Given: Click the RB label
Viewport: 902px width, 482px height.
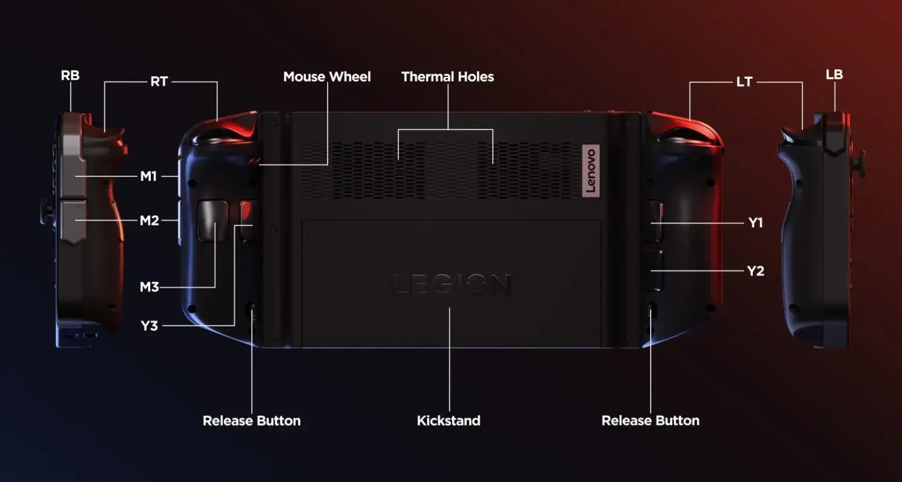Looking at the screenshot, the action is click(70, 75).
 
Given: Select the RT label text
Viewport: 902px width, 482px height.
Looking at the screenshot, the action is click(159, 82).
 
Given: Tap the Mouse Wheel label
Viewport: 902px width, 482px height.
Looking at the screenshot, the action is click(327, 76).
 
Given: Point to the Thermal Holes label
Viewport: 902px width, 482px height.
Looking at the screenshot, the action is click(447, 76).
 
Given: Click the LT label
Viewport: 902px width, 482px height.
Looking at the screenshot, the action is click(744, 82).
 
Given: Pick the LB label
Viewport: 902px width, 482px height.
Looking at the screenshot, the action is click(835, 75).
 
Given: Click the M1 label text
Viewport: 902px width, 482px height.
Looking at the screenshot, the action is click(149, 176).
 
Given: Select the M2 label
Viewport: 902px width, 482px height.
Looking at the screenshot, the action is click(149, 221).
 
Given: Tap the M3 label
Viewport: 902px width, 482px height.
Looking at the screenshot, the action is click(149, 287).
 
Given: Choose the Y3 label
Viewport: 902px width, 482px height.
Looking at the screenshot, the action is click(149, 326).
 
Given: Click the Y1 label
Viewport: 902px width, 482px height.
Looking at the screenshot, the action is click(755, 222).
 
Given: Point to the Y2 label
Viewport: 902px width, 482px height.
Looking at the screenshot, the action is click(755, 271).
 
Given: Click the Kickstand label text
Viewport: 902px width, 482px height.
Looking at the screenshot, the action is click(449, 421).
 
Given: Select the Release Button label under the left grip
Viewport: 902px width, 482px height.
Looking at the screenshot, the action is click(252, 421).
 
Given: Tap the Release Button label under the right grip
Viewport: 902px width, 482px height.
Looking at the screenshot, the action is click(650, 421).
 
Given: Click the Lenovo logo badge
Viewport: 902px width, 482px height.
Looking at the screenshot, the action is click(591, 171).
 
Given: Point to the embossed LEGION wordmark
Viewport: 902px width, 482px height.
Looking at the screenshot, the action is click(452, 285).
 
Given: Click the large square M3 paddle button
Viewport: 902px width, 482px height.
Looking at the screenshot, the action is click(213, 221).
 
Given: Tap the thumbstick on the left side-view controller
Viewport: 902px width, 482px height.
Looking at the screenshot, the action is click(47, 211).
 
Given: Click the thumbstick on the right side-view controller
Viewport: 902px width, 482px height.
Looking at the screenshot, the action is click(861, 163).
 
